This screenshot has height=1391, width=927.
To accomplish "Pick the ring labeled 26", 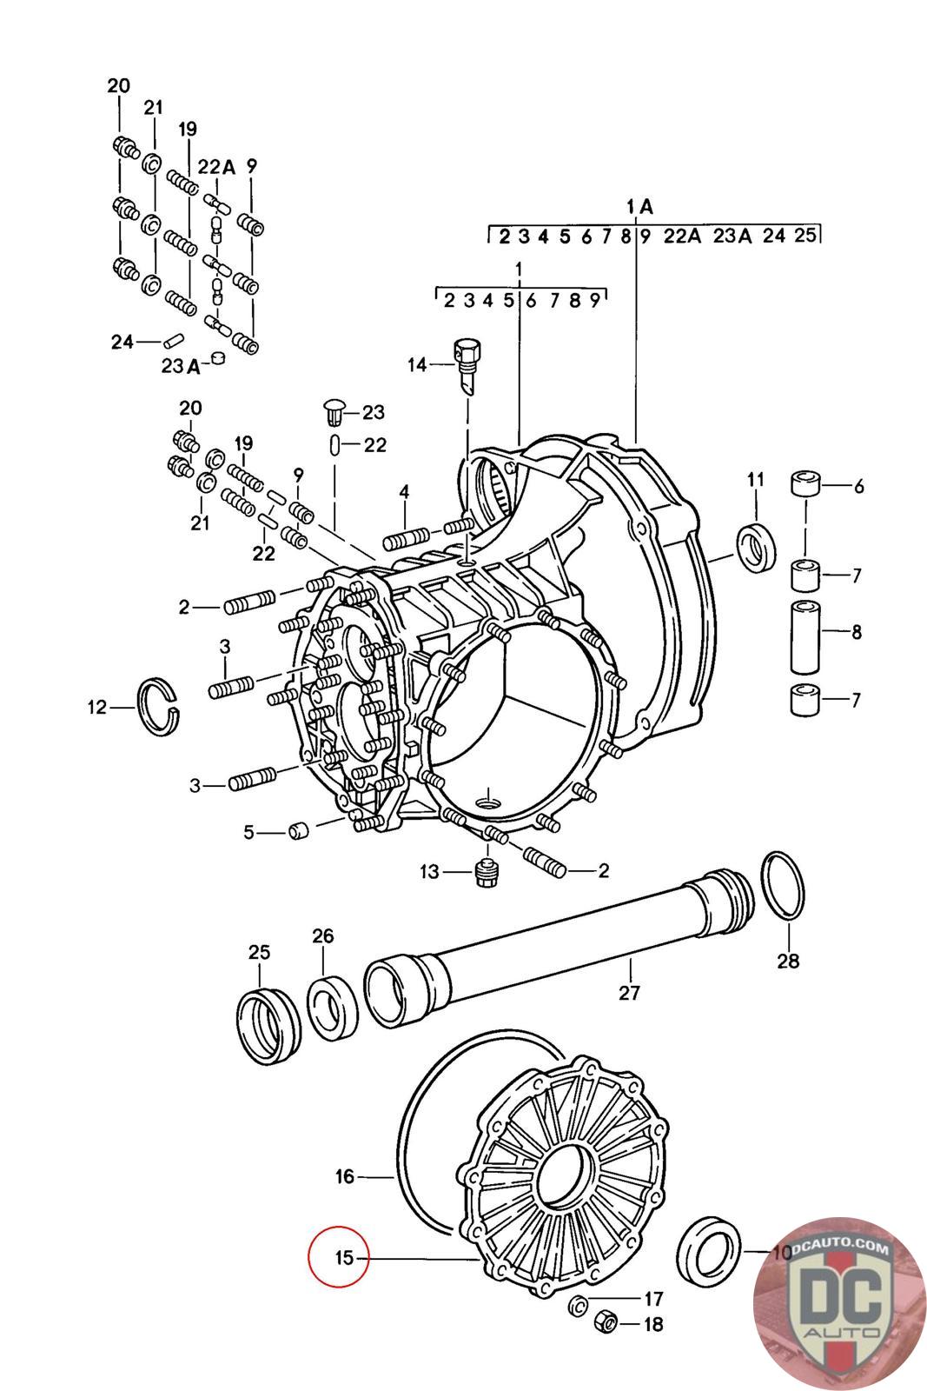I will (x=332, y=1011).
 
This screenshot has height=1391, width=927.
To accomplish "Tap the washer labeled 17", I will (x=578, y=1304).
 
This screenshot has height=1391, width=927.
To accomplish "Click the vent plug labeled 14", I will (x=466, y=365).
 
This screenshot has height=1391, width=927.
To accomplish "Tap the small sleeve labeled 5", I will (x=299, y=832).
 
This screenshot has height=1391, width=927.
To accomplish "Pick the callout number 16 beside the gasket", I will (x=345, y=1177).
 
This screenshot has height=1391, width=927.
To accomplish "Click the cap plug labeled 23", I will (x=334, y=410).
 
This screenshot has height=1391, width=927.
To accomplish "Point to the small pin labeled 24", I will (x=172, y=341).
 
